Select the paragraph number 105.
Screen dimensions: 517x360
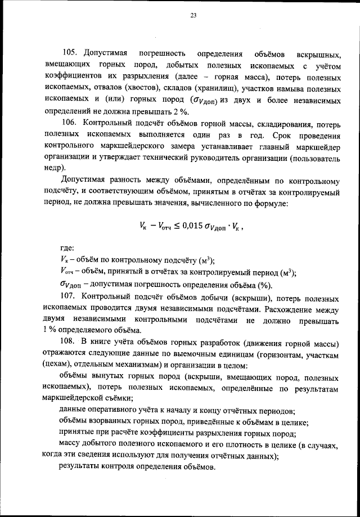pos(70,55)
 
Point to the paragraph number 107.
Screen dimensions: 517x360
pos(70,296)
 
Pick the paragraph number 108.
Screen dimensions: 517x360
pos(70,343)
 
